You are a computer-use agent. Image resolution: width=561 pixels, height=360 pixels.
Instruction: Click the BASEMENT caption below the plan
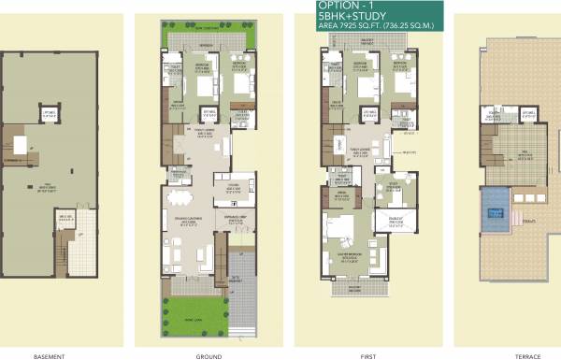(x=48, y=355)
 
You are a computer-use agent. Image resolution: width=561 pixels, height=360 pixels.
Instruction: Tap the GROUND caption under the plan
(x=209, y=355)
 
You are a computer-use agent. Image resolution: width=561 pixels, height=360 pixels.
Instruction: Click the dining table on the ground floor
(x=178, y=202)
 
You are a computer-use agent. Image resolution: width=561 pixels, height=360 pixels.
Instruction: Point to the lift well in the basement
(x=49, y=116)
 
